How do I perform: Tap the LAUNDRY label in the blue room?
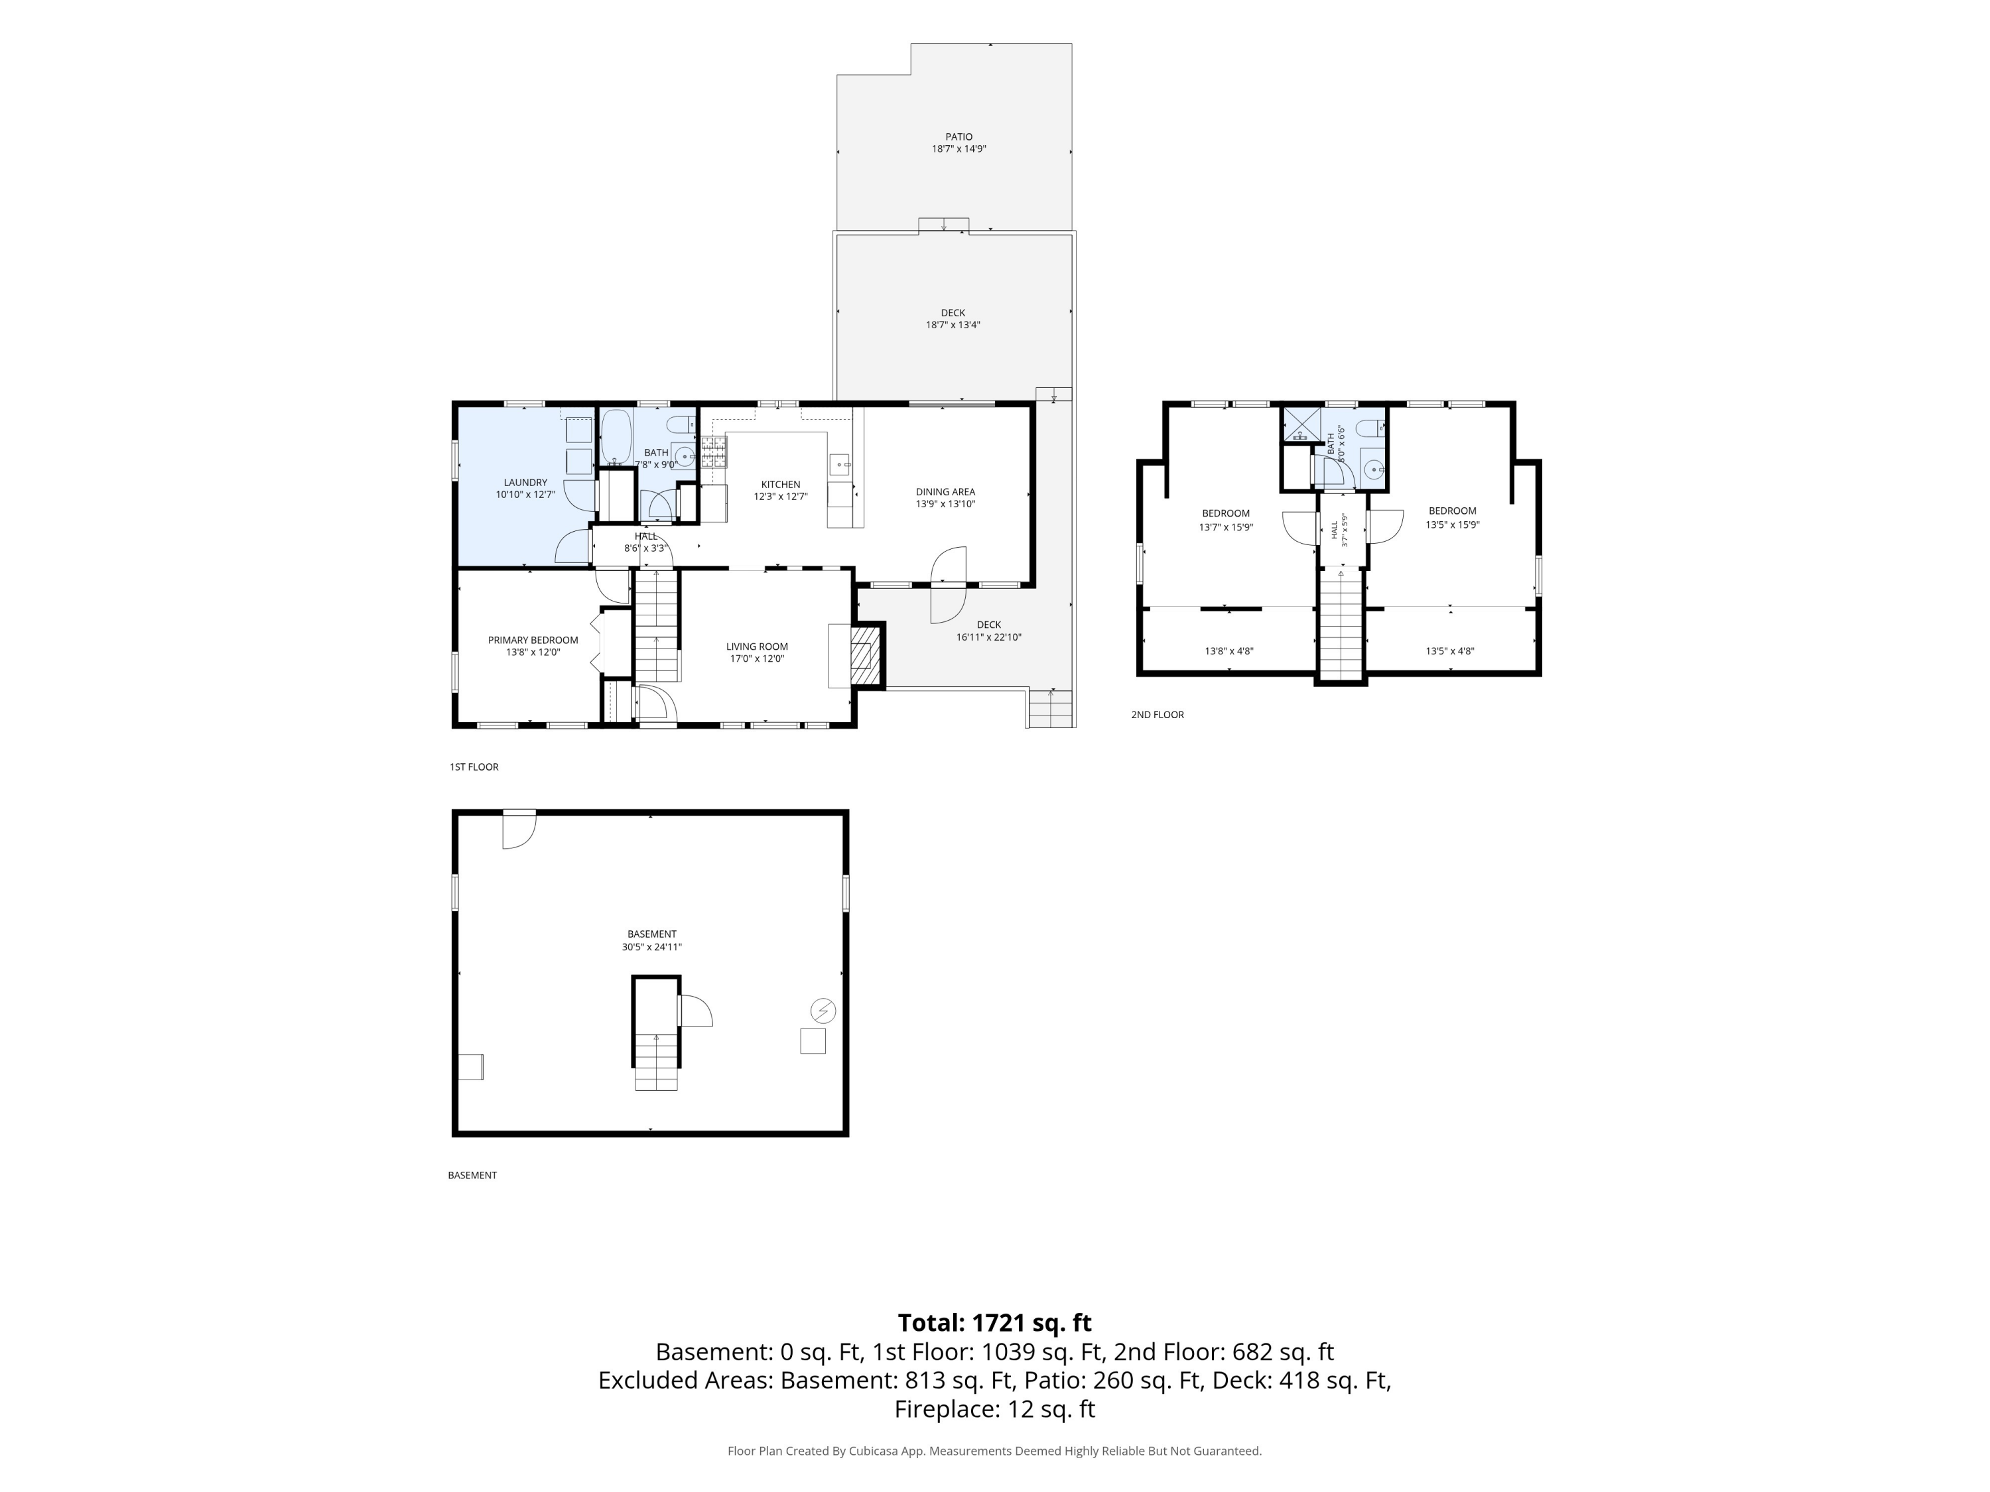point(525,483)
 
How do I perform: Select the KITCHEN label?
point(780,485)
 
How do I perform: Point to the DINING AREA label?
point(945,492)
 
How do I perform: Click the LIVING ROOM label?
point(757,647)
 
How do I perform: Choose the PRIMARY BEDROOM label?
point(533,641)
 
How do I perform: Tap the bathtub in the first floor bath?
point(616,437)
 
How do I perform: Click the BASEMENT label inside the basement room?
point(651,934)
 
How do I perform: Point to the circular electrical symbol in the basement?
point(823,1010)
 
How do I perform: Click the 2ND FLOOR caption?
point(1157,715)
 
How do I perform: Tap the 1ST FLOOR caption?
point(474,767)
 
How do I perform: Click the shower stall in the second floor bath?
point(1300,424)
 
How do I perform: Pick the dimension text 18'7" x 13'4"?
point(953,326)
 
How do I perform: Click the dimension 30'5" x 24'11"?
point(651,947)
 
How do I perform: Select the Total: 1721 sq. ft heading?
point(994,1323)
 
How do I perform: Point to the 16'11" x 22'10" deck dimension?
point(989,638)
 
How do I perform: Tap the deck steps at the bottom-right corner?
point(1051,709)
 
